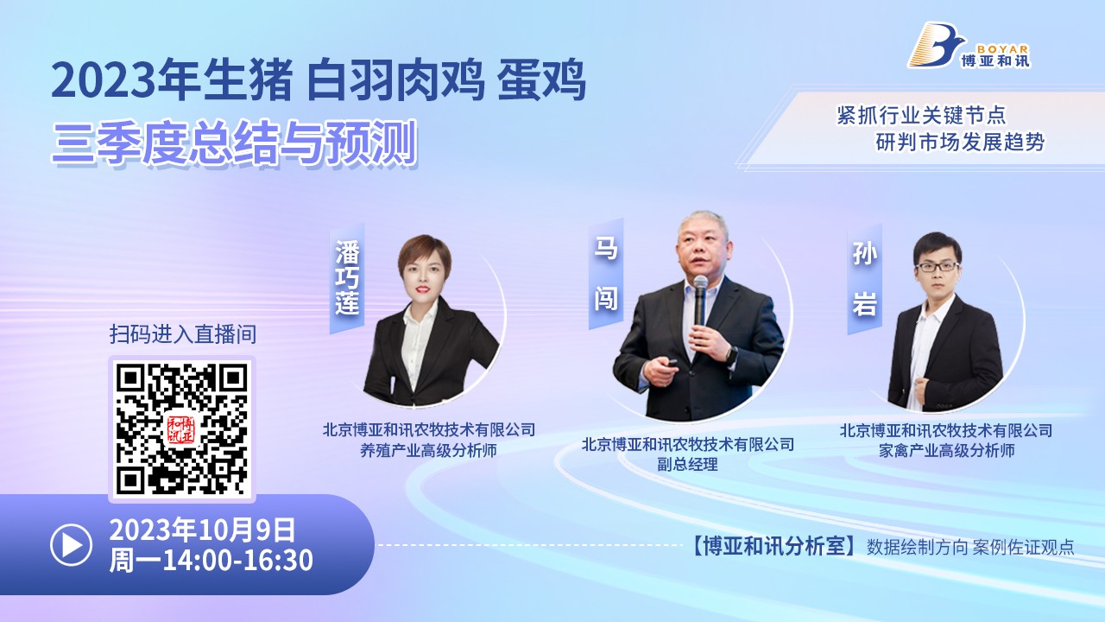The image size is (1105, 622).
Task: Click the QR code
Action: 182,429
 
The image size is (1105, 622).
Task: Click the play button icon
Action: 71,544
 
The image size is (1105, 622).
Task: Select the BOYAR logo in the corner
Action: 969,46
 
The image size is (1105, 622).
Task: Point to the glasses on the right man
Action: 937,267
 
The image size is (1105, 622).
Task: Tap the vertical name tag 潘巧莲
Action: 347,278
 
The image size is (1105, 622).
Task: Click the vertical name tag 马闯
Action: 606,274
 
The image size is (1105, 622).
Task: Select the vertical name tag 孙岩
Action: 864,279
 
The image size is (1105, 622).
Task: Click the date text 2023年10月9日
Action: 202,530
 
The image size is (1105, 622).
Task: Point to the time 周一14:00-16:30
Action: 212,561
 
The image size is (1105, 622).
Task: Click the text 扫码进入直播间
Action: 183,334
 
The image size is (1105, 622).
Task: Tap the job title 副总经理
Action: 687,465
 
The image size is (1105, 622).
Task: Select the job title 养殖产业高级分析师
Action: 428,450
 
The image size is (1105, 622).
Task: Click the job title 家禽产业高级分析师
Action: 947,450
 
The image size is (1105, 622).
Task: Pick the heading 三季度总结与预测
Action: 235,143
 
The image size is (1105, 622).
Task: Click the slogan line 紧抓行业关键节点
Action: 921,116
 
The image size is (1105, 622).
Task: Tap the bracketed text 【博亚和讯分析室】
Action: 774,547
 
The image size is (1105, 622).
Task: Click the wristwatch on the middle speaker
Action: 731,355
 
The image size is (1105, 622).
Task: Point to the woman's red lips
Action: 422,289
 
